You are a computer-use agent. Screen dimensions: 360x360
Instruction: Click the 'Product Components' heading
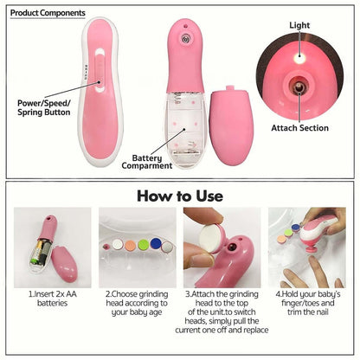[x=48, y=13]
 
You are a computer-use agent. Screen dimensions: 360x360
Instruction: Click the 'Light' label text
[x=299, y=26]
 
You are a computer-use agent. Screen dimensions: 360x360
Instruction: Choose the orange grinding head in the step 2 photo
[x=129, y=246]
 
